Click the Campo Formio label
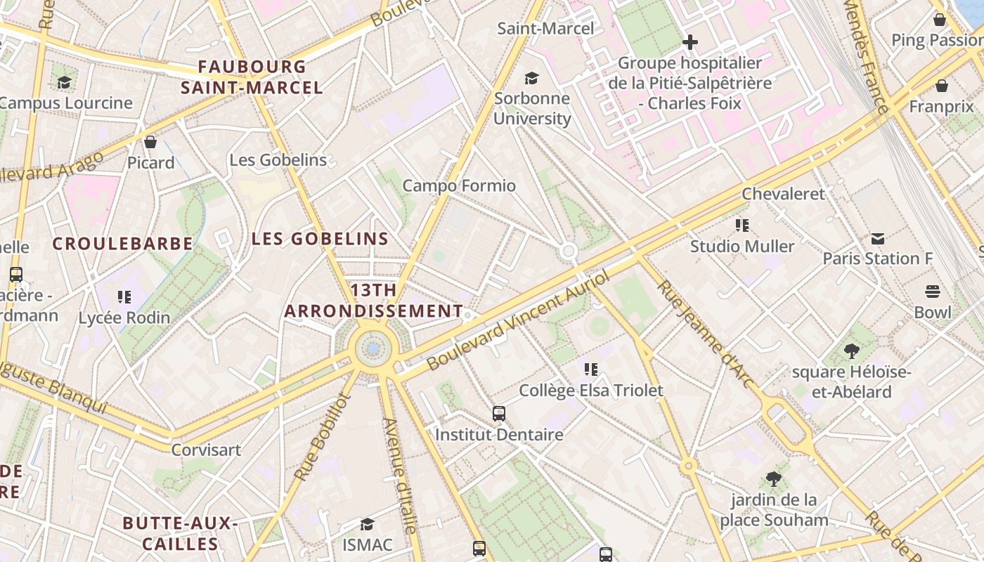(x=459, y=186)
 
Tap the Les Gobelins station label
(x=278, y=160)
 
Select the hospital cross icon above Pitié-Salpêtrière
(x=690, y=42)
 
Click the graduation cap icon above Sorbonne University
(x=532, y=78)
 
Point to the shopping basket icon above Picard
(x=150, y=142)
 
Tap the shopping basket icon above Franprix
(x=941, y=86)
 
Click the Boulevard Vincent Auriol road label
(x=518, y=320)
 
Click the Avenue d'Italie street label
(x=401, y=475)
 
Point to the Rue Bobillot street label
(x=323, y=437)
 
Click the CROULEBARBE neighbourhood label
(x=123, y=244)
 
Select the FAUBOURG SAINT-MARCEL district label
(x=252, y=77)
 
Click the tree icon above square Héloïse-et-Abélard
(x=851, y=351)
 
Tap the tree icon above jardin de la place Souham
(x=774, y=479)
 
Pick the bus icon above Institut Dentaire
(x=499, y=413)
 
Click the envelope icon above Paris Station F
(x=878, y=239)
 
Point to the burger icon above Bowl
(x=933, y=292)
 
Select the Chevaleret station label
(x=783, y=194)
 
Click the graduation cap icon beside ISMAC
(x=367, y=524)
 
